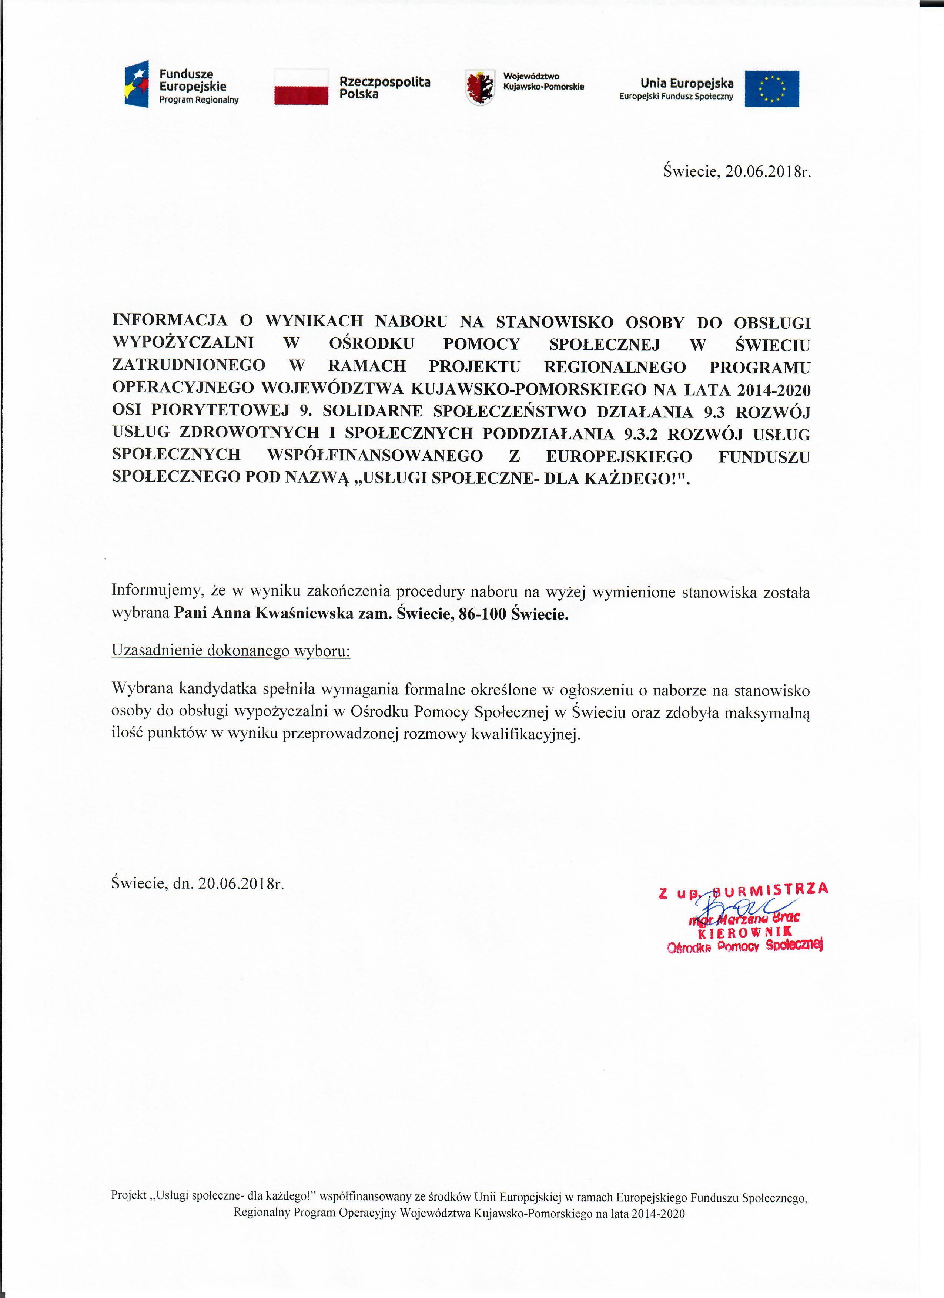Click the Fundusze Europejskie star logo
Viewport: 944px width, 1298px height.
(137, 84)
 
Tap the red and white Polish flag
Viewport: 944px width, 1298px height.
(301, 87)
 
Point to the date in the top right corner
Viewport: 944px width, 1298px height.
(768, 171)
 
